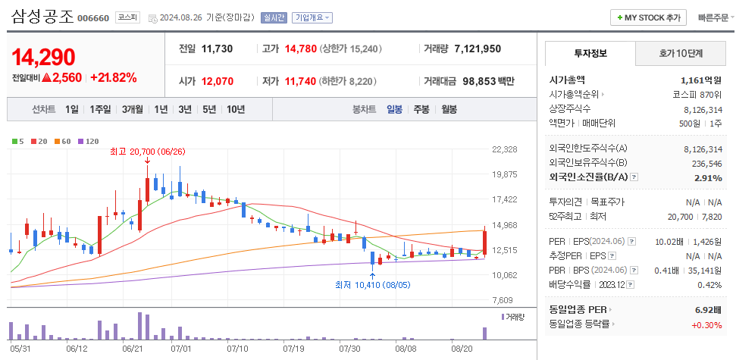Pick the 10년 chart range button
[x=235, y=109]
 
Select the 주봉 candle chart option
[x=421, y=109]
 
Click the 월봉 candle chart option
[x=449, y=109]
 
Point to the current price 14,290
[x=43, y=57]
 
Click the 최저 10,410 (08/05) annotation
[x=372, y=285]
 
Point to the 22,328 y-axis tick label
[x=504, y=149]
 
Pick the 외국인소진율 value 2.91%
[x=707, y=177]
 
